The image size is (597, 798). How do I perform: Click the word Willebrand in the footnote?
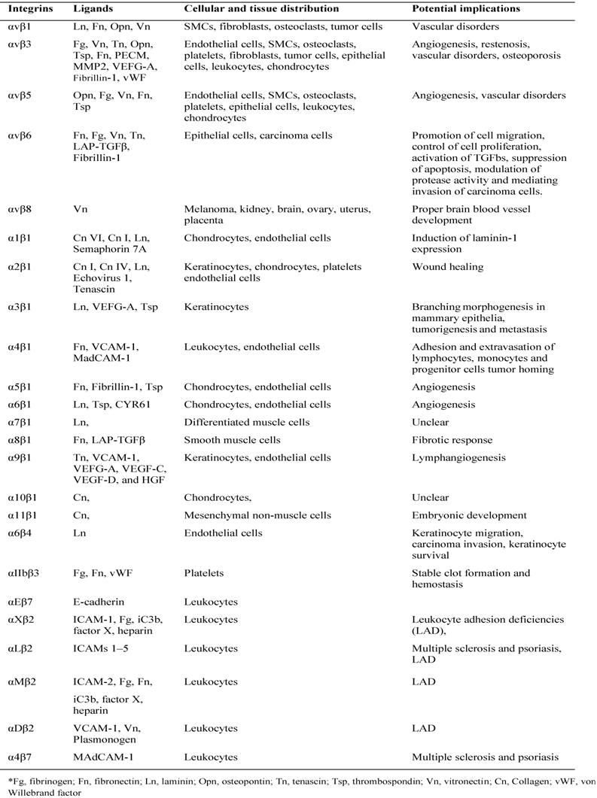point(33,792)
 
